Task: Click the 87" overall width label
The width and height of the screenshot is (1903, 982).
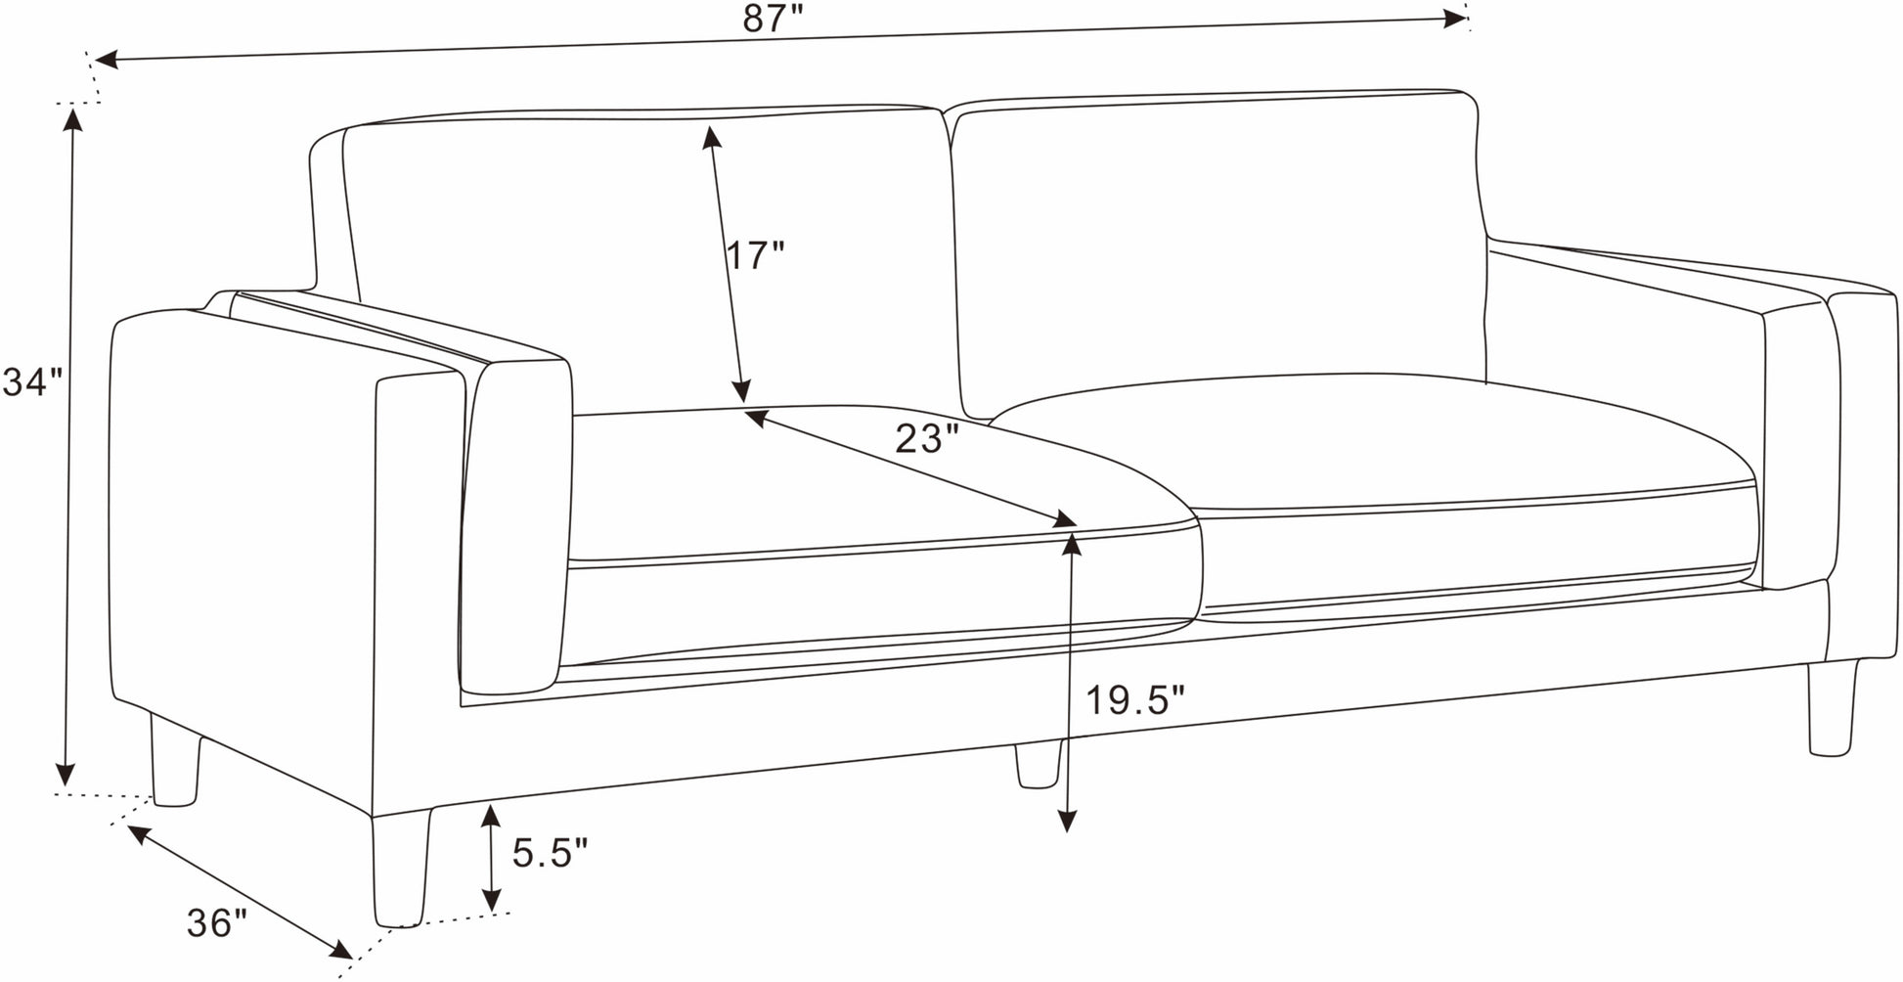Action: pos(772,18)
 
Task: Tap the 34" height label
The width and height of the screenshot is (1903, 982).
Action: pos(32,382)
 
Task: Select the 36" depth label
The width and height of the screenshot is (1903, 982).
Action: pos(217,923)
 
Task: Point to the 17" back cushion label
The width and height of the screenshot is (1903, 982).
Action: pos(755,255)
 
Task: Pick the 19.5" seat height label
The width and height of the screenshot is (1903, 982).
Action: pos(1135,700)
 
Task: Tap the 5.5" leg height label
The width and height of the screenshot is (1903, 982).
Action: pos(550,853)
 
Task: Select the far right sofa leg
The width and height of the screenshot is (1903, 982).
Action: pos(1833,707)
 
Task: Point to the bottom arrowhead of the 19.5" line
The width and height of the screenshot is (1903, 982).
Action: pos(1068,820)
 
